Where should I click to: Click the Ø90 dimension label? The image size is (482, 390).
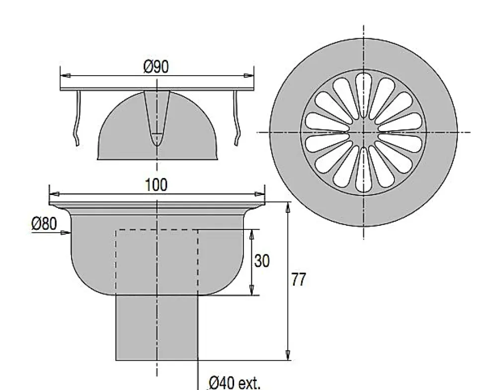click(156, 67)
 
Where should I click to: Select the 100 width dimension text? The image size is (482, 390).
click(156, 185)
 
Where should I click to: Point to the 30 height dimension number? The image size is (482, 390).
click(262, 261)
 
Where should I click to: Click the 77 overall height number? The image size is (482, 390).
click(298, 280)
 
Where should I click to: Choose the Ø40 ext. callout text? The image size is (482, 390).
click(234, 383)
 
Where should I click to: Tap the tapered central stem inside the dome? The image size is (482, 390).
click(157, 117)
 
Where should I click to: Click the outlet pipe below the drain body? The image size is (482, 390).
click(157, 328)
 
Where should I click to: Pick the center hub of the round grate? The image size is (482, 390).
click(364, 132)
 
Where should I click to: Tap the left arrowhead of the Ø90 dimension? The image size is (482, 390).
click(64, 76)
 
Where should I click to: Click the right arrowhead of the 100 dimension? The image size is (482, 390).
click(259, 194)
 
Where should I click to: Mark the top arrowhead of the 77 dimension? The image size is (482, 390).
click(288, 207)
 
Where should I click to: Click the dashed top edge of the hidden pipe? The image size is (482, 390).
click(157, 230)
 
